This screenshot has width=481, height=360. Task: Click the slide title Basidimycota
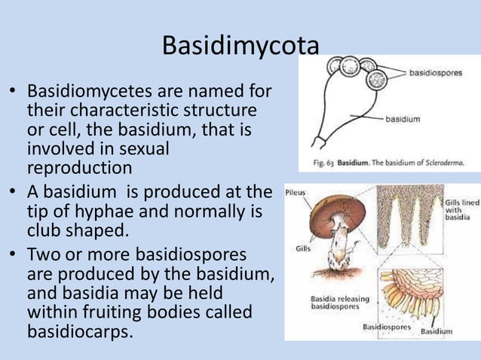pyautogui.click(x=240, y=47)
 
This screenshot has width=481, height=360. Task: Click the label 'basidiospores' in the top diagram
pyautogui.click(x=436, y=73)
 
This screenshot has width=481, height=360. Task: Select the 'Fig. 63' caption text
pyautogui.click(x=325, y=163)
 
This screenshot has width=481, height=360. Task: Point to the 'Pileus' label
pyautogui.click(x=296, y=193)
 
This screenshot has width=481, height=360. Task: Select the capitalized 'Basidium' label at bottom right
pyautogui.click(x=437, y=331)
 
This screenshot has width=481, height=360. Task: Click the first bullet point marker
pyautogui.click(x=12, y=93)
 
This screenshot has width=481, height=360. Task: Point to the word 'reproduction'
pyautogui.click(x=79, y=166)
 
